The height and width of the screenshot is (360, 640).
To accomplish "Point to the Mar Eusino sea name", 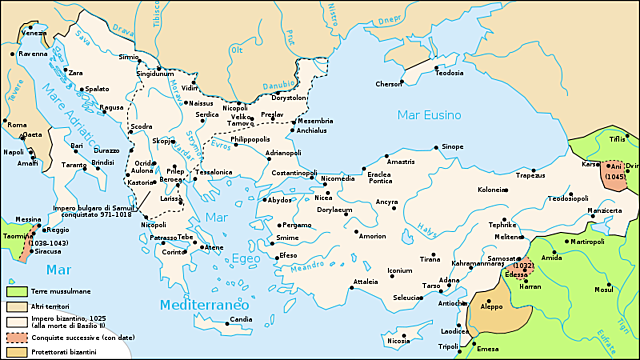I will [x=427, y=114].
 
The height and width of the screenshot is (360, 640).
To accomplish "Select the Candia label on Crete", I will [x=241, y=320].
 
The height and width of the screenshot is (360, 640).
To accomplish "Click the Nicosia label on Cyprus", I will [x=397, y=341].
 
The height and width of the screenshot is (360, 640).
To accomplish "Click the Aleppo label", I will [x=493, y=308].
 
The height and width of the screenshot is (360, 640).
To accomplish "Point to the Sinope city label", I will [x=452, y=146].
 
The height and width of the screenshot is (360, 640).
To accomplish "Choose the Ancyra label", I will [x=387, y=202].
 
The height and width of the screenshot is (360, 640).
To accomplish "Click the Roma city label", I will [x=17, y=124].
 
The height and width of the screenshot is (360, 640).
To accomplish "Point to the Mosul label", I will [x=603, y=289].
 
